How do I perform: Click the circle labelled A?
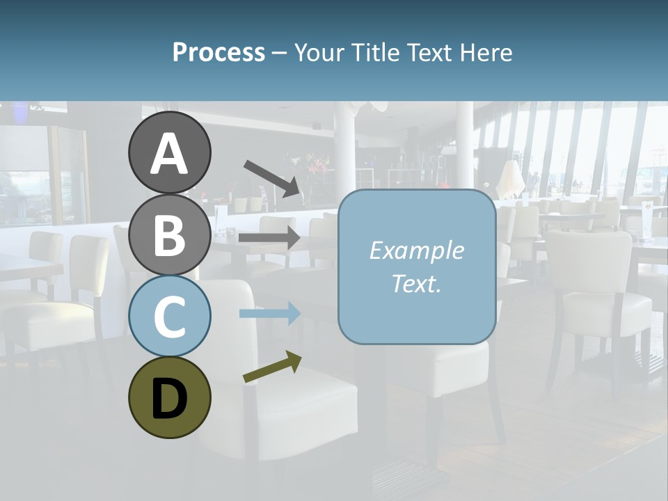(169, 152)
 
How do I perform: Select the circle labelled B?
(169, 234)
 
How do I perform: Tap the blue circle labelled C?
(169, 316)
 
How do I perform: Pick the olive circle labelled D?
(169, 397)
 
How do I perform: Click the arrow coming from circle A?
(272, 177)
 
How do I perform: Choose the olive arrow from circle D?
(272, 367)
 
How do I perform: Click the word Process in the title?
(218, 53)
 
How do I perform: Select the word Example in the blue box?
(416, 250)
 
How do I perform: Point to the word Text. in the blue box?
(416, 284)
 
